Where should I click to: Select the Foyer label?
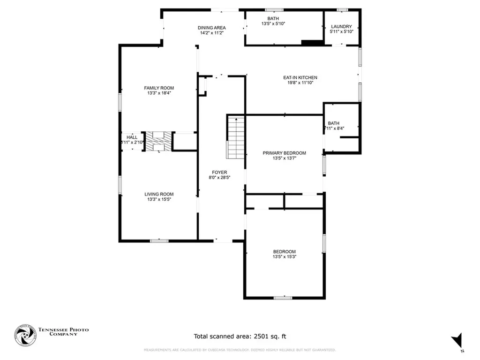coord(219,172)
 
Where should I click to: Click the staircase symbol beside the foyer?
coord(236,137)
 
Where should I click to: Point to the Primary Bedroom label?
coord(284,153)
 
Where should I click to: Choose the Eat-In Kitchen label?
coord(300,77)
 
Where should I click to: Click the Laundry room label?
coord(341,27)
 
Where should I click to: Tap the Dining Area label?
coord(211,28)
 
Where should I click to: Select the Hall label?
coord(132,137)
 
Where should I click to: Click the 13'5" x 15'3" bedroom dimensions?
coord(284,257)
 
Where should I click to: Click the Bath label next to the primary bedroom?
coord(333,123)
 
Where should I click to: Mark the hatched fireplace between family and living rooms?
coord(158,142)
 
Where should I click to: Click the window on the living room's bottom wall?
coord(159,241)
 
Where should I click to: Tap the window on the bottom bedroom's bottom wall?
coord(283,297)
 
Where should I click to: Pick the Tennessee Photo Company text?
coord(63,332)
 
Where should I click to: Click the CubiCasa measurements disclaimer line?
coord(240,350)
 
